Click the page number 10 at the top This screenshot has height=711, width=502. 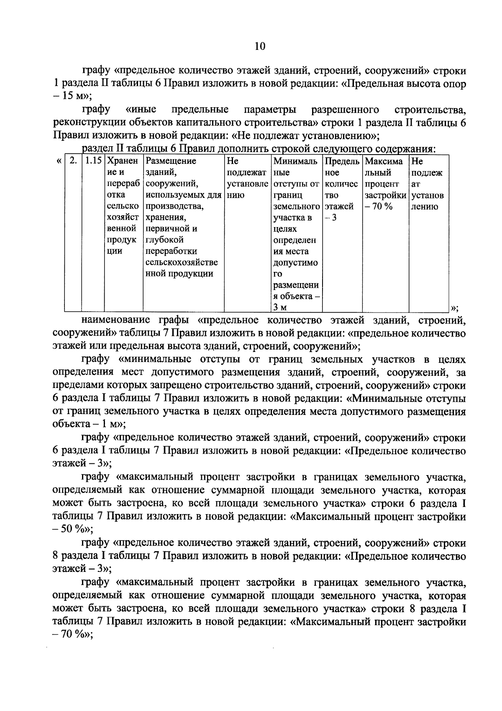click(259, 46)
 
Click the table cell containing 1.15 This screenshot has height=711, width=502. click(93, 161)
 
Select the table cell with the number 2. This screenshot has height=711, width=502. click(73, 161)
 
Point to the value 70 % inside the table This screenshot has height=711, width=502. click(380, 207)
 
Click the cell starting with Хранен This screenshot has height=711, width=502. click(122, 161)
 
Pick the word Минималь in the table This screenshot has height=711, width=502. click(295, 161)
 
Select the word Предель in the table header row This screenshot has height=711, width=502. click(342, 161)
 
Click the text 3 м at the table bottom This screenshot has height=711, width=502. click(280, 308)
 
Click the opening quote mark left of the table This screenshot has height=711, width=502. click(58, 161)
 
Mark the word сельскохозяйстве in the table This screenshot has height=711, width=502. click(182, 263)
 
